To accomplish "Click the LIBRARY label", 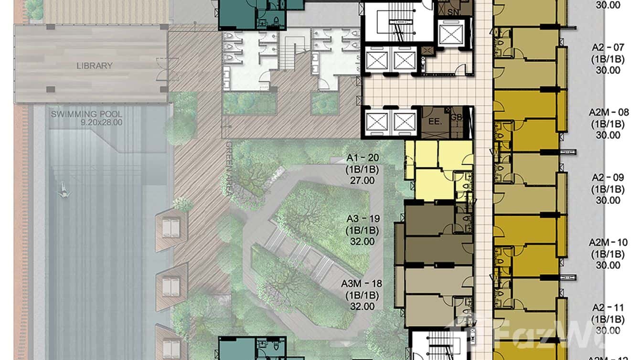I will pyautogui.click(x=95, y=66).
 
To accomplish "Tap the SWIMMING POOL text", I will pyautogui.click(x=87, y=115).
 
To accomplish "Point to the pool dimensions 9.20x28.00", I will pyautogui.click(x=102, y=122).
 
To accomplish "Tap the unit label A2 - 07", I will pyautogui.click(x=608, y=48).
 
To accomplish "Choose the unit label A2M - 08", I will pyautogui.click(x=608, y=113).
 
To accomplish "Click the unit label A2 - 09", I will pyautogui.click(x=608, y=178).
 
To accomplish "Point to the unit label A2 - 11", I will pyautogui.click(x=608, y=308).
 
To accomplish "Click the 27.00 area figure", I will pyautogui.click(x=363, y=181).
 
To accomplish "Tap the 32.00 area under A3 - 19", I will pyautogui.click(x=363, y=242).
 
